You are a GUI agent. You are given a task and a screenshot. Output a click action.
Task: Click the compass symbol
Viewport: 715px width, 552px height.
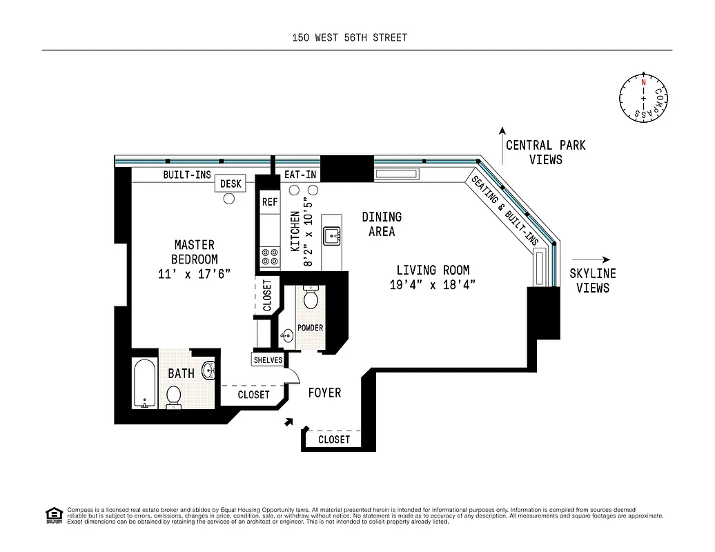(643, 98)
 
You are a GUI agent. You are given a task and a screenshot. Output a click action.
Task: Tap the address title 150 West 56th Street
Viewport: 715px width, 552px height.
(349, 38)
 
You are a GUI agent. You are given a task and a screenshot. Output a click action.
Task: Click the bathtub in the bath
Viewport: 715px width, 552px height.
(145, 384)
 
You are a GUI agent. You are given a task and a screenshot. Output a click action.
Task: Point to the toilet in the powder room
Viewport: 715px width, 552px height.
(310, 299)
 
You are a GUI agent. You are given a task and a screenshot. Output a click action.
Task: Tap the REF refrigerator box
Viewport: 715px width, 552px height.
(269, 203)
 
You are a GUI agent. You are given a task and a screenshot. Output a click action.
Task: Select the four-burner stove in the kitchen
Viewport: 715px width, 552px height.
(270, 257)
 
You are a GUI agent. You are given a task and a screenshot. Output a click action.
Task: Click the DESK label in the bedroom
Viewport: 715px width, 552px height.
(231, 184)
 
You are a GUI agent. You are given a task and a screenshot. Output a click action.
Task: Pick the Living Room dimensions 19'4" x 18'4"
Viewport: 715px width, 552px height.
(433, 285)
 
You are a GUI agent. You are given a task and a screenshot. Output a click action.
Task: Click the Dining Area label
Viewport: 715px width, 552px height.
(382, 224)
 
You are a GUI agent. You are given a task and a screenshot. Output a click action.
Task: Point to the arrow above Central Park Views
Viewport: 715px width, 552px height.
(502, 137)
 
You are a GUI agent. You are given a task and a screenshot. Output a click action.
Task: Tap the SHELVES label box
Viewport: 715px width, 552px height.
(268, 360)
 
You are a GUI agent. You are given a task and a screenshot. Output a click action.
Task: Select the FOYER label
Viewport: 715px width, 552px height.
(324, 393)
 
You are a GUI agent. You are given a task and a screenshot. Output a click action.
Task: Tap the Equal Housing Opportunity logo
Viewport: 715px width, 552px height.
(53, 515)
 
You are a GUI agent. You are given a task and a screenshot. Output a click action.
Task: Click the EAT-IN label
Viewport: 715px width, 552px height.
(300, 175)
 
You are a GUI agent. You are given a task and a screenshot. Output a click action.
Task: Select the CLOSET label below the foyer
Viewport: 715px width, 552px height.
(334, 440)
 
